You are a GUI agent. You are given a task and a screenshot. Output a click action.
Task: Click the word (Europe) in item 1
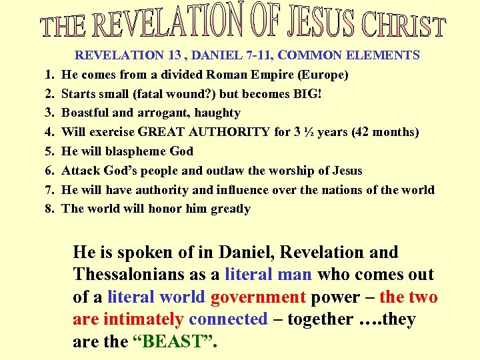[324, 75]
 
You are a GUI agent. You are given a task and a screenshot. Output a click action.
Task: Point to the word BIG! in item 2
[307, 93]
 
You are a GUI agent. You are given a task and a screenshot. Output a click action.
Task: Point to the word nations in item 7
[344, 190]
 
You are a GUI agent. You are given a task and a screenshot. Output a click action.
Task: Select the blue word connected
[228, 319]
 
